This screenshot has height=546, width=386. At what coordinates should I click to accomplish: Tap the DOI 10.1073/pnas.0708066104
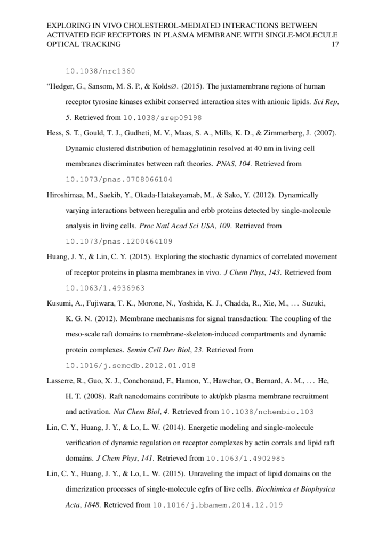click(119, 179)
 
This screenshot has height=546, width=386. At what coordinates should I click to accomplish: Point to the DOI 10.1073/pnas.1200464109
click(119, 241)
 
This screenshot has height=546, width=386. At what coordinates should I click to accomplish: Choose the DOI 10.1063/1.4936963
click(105, 288)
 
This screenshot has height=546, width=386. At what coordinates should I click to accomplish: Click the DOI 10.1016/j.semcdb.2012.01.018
click(130, 366)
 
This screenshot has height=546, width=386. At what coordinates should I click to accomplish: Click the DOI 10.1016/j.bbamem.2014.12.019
click(218, 504)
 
